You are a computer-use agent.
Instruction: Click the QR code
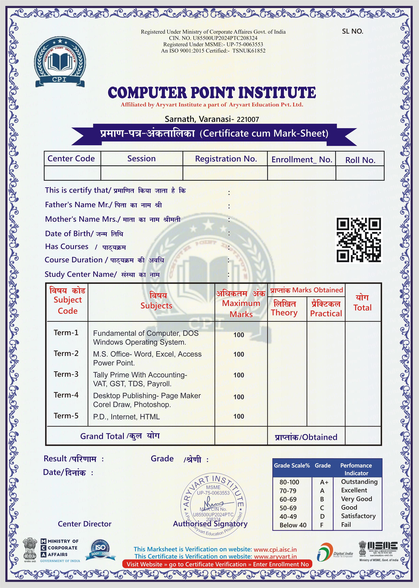click(x=359, y=240)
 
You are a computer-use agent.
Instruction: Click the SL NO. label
click(x=352, y=32)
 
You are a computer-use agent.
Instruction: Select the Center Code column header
click(x=71, y=159)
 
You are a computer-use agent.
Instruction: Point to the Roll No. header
click(x=360, y=160)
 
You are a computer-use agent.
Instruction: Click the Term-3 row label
click(x=66, y=374)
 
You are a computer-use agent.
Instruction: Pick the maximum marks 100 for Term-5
click(x=239, y=416)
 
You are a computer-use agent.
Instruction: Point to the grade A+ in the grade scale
click(x=324, y=482)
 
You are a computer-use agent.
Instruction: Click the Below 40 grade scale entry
click(x=293, y=525)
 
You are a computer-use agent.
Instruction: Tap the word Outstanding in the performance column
click(x=359, y=482)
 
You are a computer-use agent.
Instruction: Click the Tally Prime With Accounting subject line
click(x=140, y=375)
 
